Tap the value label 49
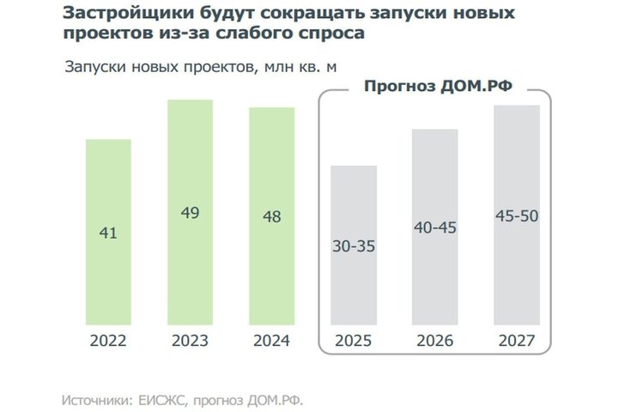point(191,212)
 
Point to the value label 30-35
point(354,245)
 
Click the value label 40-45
point(435,228)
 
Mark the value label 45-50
point(517,215)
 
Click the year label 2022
point(109,341)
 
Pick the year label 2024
point(272,341)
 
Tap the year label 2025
point(354,341)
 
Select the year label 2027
point(517,341)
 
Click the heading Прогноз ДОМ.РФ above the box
point(433,86)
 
